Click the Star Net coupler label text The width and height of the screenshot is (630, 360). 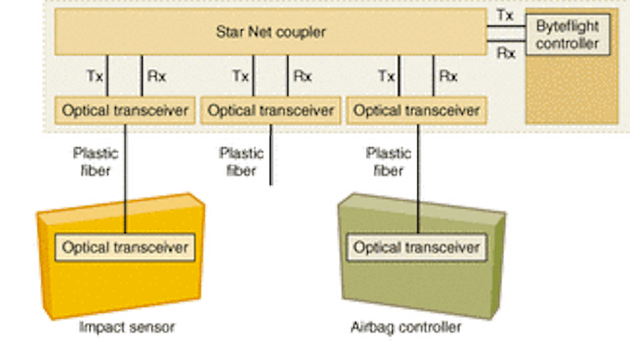coord(270,31)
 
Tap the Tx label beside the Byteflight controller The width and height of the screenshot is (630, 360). coord(506,14)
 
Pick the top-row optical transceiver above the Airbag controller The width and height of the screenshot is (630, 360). coord(418,109)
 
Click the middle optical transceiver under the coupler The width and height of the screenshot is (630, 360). coord(271,109)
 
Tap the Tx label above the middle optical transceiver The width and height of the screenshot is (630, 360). coord(241,75)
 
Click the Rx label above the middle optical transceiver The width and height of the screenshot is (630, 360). coord(300,75)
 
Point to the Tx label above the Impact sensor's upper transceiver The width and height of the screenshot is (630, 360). coord(94,75)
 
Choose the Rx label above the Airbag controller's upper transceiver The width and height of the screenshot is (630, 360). coord(448,75)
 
